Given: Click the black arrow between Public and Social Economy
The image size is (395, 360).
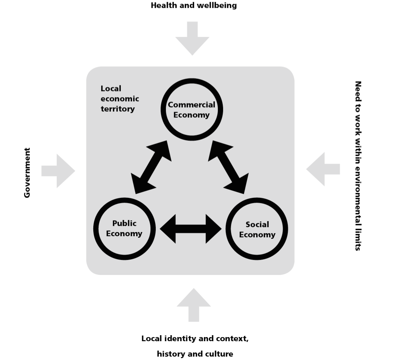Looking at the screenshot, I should pyautogui.click(x=191, y=228).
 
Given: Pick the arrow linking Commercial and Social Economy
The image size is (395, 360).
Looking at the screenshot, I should pyautogui.click(x=228, y=167).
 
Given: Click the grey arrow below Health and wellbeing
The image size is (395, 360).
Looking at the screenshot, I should pyautogui.click(x=192, y=38).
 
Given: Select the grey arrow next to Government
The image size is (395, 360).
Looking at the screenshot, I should pyautogui.click(x=58, y=171).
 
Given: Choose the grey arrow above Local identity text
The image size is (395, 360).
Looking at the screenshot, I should pyautogui.click(x=194, y=305).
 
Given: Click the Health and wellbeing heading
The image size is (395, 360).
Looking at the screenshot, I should pyautogui.click(x=194, y=5).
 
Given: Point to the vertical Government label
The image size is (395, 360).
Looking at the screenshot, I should pyautogui.click(x=27, y=173).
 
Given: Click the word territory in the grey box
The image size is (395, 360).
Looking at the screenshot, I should pyautogui.click(x=118, y=109).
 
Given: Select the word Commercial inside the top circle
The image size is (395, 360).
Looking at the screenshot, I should pyautogui.click(x=191, y=105).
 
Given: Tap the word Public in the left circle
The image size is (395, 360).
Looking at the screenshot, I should pyautogui.click(x=125, y=223).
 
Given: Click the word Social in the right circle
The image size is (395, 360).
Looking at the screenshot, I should pyautogui.click(x=257, y=224).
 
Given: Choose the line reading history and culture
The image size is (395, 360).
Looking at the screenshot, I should pyautogui.click(x=195, y=354).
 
